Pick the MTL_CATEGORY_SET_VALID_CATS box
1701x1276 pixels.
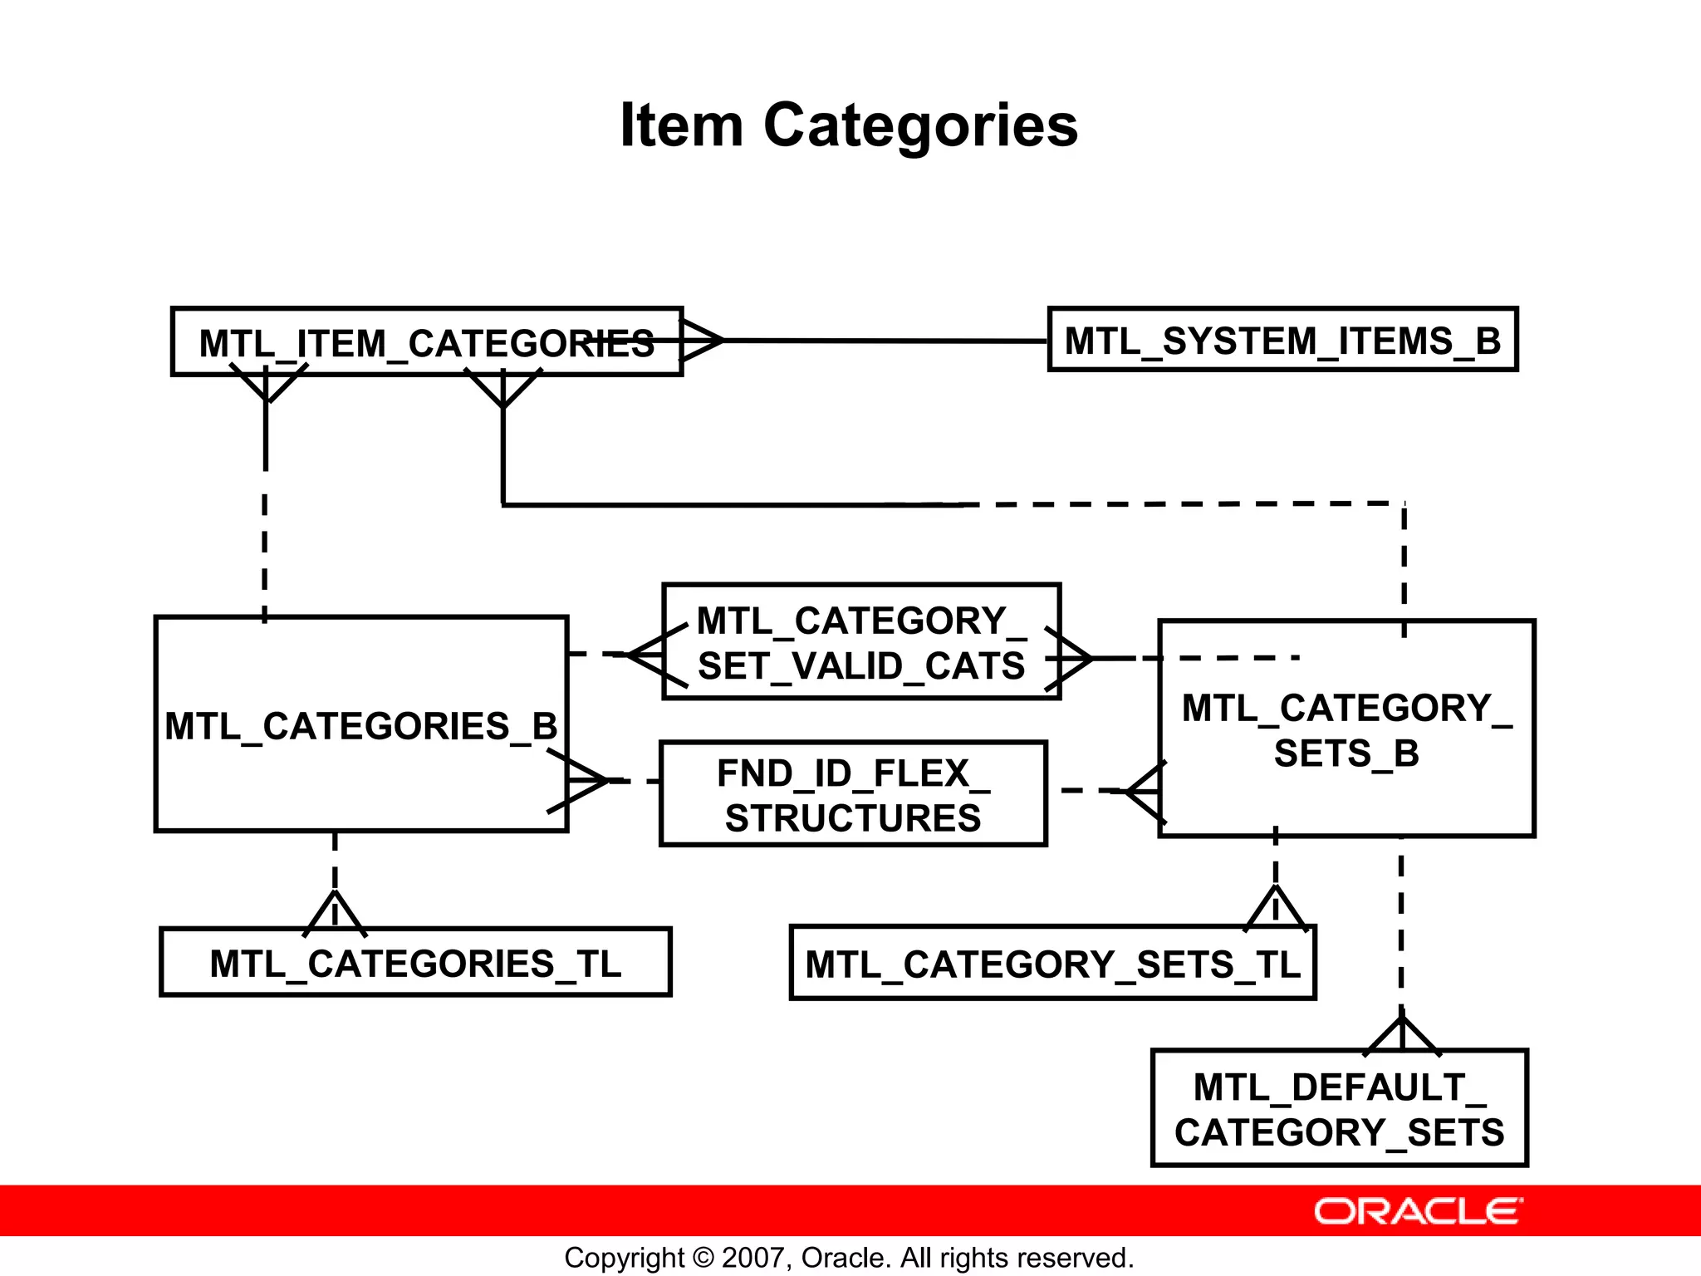point(861,642)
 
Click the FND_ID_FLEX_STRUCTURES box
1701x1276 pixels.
point(853,795)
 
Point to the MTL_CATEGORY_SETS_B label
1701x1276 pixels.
point(1346,730)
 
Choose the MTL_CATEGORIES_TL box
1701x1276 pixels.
point(415,964)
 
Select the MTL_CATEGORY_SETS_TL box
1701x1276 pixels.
point(1052,964)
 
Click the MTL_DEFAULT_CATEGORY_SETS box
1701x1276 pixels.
point(1339,1109)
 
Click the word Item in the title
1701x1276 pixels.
point(681,125)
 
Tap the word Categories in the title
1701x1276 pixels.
point(920,125)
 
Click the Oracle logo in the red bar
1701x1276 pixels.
point(1418,1211)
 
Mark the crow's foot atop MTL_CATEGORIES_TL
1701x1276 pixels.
point(335,911)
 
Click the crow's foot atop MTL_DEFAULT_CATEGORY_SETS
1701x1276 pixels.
point(1402,1034)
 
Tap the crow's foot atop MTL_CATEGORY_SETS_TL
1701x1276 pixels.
point(1276,907)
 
